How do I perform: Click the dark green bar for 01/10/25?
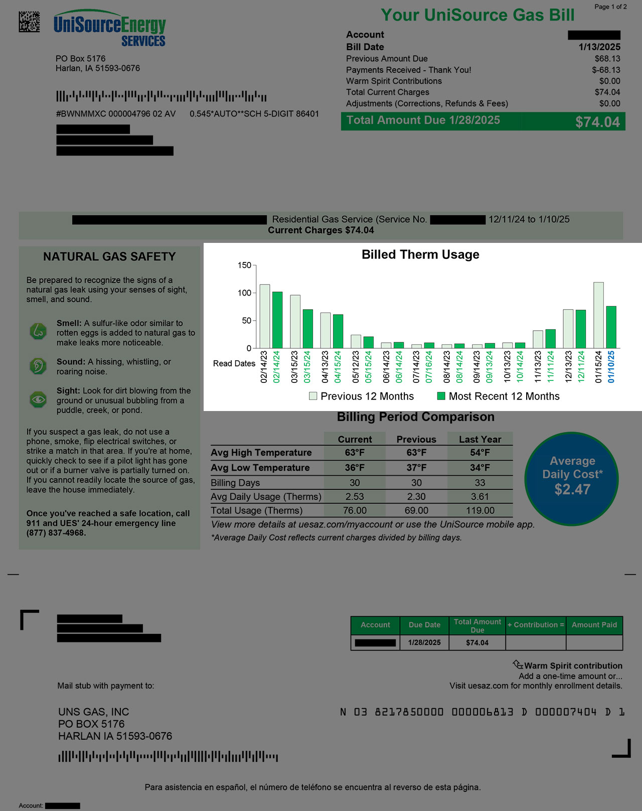click(x=611, y=327)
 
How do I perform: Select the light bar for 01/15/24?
click(x=598, y=315)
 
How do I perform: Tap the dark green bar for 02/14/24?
click(x=277, y=320)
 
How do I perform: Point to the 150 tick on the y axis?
click(x=244, y=265)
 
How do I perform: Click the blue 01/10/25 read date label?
click(x=611, y=367)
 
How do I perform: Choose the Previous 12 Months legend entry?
click(x=362, y=396)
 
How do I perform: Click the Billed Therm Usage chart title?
click(x=420, y=254)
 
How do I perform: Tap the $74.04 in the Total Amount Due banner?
click(x=597, y=122)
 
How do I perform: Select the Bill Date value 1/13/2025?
click(x=599, y=47)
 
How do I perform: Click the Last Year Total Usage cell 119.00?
click(x=480, y=510)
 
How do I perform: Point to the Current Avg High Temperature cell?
click(x=355, y=453)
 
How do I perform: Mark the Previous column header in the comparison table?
click(x=416, y=440)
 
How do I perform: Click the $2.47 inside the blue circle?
click(x=572, y=489)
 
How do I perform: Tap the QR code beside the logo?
click(x=29, y=22)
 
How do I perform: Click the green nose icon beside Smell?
click(x=38, y=331)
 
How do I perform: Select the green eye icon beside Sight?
click(x=38, y=399)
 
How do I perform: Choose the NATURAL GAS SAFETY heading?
click(x=109, y=257)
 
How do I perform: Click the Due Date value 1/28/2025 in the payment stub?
click(x=424, y=643)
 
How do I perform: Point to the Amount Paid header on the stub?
click(x=594, y=625)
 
